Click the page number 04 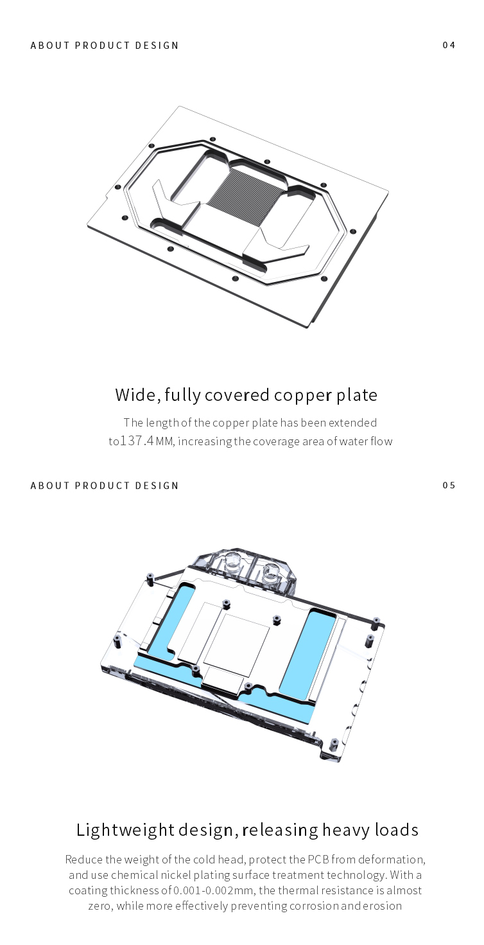(x=449, y=45)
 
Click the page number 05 (x=449, y=485)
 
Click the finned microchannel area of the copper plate (x=245, y=197)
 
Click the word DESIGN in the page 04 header (x=157, y=46)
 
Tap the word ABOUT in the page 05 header (x=50, y=486)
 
